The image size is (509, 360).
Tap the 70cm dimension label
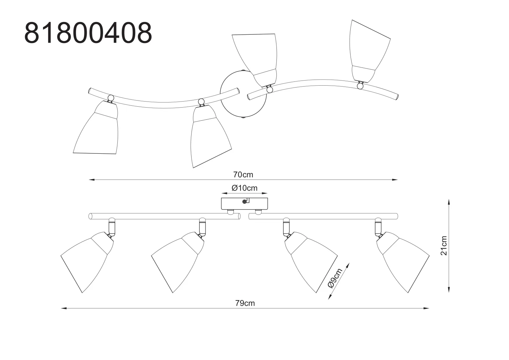tap(243, 174)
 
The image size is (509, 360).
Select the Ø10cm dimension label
tap(244, 188)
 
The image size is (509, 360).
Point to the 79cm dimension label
tap(245, 303)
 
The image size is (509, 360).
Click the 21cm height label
tap(444, 246)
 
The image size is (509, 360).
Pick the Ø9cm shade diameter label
tap(335, 279)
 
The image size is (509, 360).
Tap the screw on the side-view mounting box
tap(245, 201)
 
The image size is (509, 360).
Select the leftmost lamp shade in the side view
tap(87, 262)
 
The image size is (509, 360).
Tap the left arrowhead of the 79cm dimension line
tap(64, 308)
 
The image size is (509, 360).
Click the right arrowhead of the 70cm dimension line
tap(395, 180)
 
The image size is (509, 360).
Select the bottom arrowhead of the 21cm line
tap(449, 289)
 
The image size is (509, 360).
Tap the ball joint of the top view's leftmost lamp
tap(111, 98)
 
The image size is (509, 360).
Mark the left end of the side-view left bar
tap(90, 216)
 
